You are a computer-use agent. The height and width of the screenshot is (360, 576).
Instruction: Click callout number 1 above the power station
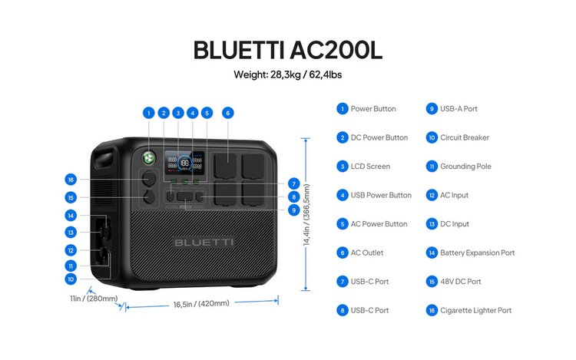point(148,113)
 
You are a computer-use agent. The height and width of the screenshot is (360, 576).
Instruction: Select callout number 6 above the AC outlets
point(227,113)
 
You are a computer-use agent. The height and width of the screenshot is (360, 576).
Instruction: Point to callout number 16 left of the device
point(71,180)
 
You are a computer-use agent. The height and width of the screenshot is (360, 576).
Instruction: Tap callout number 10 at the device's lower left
point(71,279)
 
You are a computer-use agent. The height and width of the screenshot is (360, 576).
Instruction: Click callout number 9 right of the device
point(293,210)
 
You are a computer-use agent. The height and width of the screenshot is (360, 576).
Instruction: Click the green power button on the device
point(148,157)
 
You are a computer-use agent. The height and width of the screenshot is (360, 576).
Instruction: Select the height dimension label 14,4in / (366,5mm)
point(306,214)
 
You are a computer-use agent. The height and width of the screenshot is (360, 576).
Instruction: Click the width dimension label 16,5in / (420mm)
point(201,304)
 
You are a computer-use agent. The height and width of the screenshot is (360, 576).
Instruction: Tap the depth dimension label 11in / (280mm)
point(94,299)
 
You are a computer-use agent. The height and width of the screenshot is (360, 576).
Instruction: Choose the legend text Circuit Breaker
point(464,138)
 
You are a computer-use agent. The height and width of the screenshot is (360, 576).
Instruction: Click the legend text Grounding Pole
point(465,167)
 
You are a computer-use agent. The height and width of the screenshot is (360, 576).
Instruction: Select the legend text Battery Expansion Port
point(477,253)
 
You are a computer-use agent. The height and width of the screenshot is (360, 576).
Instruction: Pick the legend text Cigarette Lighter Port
point(475,311)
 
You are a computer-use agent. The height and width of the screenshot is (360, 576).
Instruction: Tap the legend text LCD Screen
point(370,167)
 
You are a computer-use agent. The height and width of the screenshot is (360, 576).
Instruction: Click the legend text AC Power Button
point(379,224)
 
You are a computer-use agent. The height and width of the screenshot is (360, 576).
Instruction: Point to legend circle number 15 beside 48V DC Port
point(432,282)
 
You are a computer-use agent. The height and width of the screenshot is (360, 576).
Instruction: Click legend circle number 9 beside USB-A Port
point(432,109)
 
